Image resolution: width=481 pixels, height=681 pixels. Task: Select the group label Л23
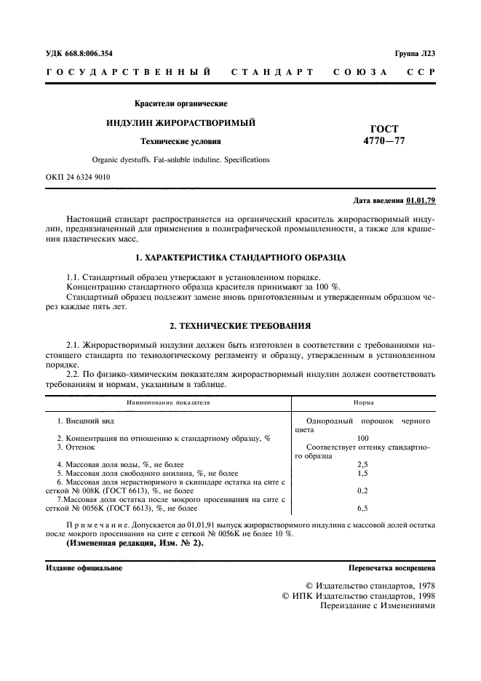426,53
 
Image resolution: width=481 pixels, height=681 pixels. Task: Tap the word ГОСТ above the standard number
385,129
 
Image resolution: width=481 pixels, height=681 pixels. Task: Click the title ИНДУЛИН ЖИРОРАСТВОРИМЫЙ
181,123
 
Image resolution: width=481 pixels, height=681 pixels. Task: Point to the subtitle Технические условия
181,142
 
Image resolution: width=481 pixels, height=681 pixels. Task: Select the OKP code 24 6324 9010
89,176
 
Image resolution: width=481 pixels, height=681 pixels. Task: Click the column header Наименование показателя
168,402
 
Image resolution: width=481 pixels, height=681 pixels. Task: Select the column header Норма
363,402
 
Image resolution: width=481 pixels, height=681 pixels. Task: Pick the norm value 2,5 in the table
363,463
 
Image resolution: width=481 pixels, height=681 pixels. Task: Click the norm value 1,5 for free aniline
363,472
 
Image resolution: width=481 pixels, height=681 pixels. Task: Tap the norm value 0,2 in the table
363,490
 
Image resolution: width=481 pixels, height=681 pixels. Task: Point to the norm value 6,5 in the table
363,508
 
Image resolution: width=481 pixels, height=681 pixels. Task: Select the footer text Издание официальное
84,567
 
